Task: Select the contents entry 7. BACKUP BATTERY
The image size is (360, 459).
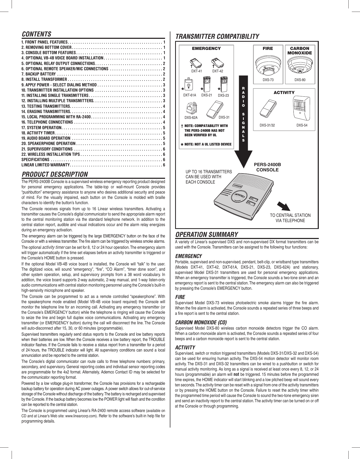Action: click(x=39, y=74)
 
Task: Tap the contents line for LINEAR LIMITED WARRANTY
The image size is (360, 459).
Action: click(x=45, y=165)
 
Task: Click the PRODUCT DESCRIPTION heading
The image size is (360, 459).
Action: click(x=55, y=174)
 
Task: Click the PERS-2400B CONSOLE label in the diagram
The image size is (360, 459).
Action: click(x=267, y=167)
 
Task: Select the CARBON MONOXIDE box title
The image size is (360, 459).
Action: click(x=300, y=50)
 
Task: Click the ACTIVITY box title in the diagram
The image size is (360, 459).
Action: click(x=284, y=92)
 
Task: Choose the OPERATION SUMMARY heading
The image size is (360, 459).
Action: click(x=207, y=235)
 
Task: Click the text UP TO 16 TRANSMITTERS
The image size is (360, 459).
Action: click(x=209, y=172)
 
